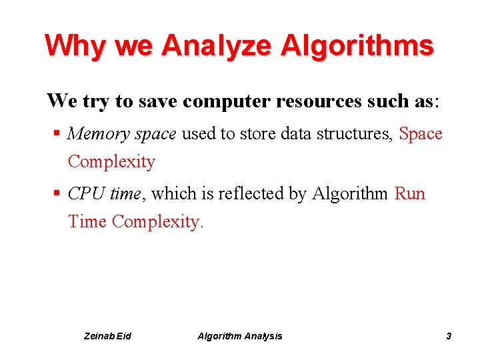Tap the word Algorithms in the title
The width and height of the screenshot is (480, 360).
(357, 45)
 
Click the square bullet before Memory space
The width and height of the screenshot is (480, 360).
(58, 133)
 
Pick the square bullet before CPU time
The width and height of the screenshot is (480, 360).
(58, 193)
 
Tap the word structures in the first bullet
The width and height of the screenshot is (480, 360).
(357, 134)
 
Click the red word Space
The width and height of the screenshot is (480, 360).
(421, 134)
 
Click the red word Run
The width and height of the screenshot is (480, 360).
(410, 194)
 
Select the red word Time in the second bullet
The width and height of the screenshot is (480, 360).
(87, 221)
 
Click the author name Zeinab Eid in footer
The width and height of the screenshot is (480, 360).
(108, 336)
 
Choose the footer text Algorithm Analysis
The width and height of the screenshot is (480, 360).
(240, 336)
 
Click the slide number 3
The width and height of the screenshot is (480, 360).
(449, 336)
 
